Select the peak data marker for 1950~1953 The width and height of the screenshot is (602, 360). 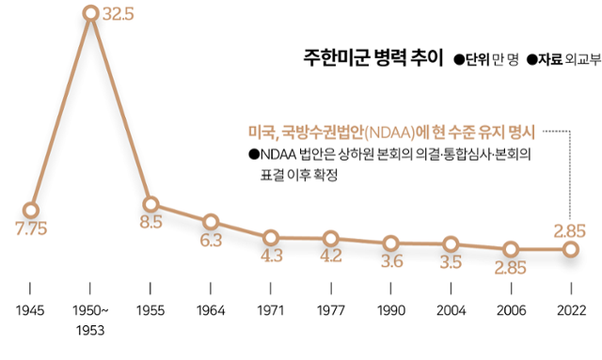tap(90, 13)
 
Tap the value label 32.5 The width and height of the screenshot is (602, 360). tap(120, 16)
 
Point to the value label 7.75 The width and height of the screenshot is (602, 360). tap(31, 229)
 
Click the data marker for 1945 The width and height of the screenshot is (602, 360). tap(31, 210)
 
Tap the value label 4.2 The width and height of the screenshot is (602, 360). tap(329, 256)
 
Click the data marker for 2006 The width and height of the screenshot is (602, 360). tap(510, 249)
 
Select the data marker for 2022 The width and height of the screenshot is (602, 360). tap(570, 249)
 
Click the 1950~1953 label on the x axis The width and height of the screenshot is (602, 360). tap(90, 319)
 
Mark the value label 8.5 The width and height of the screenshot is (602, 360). tap(150, 223)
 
